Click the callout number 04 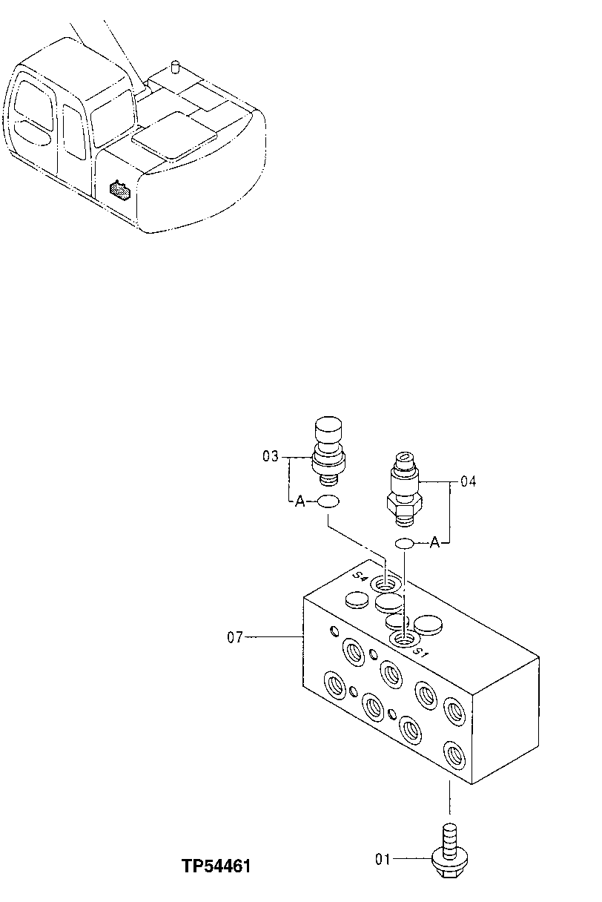point(468,481)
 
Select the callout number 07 point(235,636)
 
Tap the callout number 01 point(383,860)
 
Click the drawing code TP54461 point(216,866)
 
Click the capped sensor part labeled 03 point(328,449)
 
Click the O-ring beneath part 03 point(328,502)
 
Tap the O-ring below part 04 point(404,544)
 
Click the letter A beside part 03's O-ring point(300,502)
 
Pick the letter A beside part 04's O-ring point(434,544)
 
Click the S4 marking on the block point(361,577)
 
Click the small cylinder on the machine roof point(176,68)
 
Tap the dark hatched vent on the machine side point(119,190)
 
